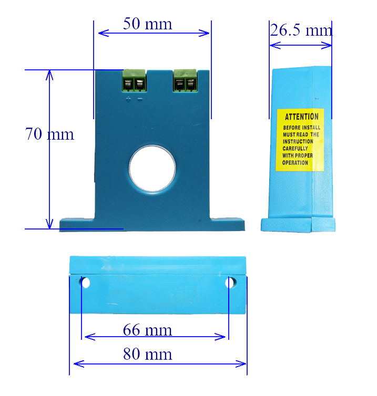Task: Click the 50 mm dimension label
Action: (x=147, y=24)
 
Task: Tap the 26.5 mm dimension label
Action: (x=301, y=30)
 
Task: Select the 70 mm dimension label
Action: (x=49, y=134)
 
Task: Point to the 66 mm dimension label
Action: (x=147, y=330)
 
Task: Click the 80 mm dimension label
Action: (x=147, y=355)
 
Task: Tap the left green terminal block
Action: (x=134, y=80)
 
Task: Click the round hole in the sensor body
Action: (x=152, y=169)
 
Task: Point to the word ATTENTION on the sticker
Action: (x=301, y=117)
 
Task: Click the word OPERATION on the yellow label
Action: (x=295, y=163)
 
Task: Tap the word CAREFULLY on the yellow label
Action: (x=295, y=149)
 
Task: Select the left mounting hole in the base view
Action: (x=86, y=283)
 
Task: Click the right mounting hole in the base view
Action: (x=230, y=283)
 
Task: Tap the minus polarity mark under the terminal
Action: (x=140, y=99)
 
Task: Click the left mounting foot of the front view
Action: (x=76, y=224)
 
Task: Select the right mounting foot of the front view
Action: (x=228, y=224)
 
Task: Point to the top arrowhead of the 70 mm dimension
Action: (x=49, y=74)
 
